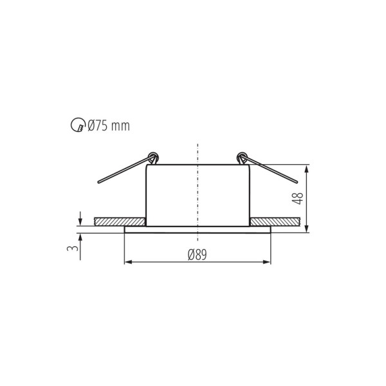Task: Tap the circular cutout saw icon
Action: click(x=77, y=126)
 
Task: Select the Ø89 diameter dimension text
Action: click(x=197, y=255)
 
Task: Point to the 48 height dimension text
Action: click(x=297, y=198)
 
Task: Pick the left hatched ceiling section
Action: click(x=120, y=221)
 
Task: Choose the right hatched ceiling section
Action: click(x=275, y=221)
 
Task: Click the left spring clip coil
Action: click(x=152, y=156)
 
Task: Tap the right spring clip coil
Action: click(x=242, y=156)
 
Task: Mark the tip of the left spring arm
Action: click(x=99, y=183)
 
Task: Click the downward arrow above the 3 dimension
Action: click(x=80, y=221)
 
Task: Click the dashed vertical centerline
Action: click(x=198, y=193)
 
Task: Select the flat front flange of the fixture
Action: click(x=198, y=229)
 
